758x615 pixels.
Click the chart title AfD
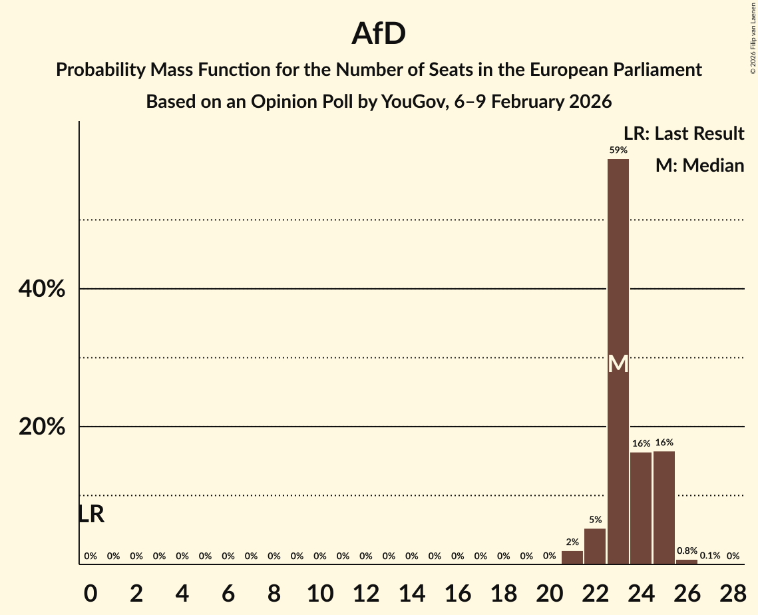point(379,34)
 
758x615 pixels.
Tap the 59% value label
point(618,150)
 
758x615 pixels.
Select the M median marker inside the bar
point(618,364)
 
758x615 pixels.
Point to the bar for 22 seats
point(595,546)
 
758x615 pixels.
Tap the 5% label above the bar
point(595,520)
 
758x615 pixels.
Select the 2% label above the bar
point(572,542)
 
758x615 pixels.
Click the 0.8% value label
point(687,551)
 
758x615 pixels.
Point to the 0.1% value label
point(709,556)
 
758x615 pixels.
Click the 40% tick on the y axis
point(42,290)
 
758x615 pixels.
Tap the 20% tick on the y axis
point(42,427)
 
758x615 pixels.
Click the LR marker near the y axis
point(91,514)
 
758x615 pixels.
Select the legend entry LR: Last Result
point(683,134)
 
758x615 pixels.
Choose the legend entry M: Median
point(699,165)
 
